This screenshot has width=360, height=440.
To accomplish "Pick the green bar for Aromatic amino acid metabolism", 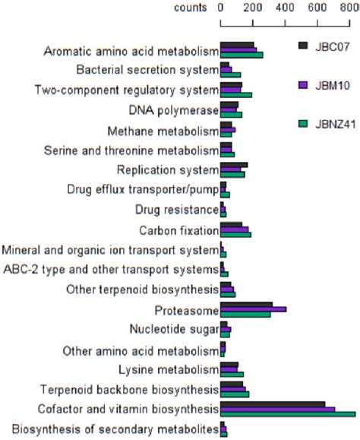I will point(242,55).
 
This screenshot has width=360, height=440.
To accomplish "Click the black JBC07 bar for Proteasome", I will point(246,305).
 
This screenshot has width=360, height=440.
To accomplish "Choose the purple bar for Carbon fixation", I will point(235,229).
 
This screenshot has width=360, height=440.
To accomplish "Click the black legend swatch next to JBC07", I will point(303,46).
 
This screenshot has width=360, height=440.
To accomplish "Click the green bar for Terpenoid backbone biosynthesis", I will point(235,394).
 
